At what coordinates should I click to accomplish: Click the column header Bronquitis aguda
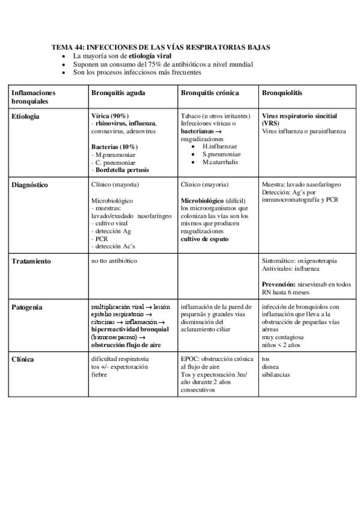point(118,93)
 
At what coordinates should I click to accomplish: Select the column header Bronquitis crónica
point(209,93)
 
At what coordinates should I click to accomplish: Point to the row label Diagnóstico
point(31,185)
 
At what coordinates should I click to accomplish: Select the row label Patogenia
point(27,307)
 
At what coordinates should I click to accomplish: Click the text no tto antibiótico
point(114,262)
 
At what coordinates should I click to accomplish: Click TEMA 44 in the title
point(69,46)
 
